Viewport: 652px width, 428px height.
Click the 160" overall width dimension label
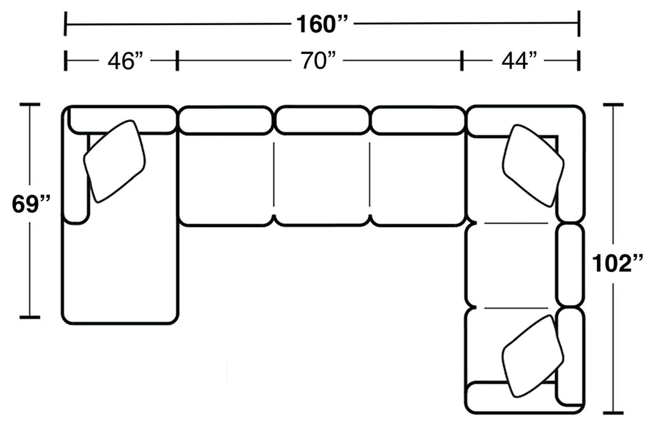point(321,24)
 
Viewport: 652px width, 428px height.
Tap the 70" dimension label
point(318,61)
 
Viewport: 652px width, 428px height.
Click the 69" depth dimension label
point(31,204)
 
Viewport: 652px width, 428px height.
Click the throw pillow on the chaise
point(115,161)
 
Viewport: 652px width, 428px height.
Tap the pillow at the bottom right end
point(533,356)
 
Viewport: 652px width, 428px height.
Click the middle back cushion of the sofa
point(322,120)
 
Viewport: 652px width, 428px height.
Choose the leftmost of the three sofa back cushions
point(224,120)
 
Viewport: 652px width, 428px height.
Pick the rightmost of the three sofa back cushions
point(418,120)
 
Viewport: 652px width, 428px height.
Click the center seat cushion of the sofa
point(322,180)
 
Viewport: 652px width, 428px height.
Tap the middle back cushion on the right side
point(570,265)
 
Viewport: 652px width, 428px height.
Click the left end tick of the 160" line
point(65,24)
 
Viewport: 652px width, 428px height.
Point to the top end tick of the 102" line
point(614,105)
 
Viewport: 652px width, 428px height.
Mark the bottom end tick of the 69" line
point(30,317)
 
